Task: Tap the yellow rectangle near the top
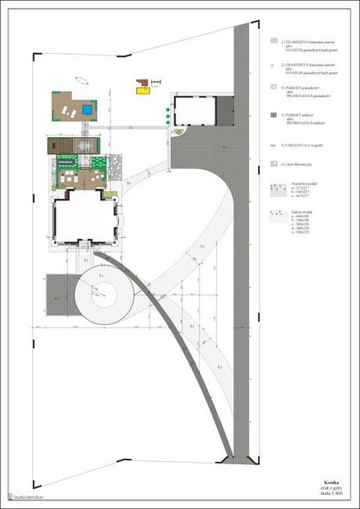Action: pyautogui.click(x=142, y=91)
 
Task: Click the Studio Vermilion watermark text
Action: pyautogui.click(x=28, y=496)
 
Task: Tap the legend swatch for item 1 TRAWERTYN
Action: pyautogui.click(x=272, y=40)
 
